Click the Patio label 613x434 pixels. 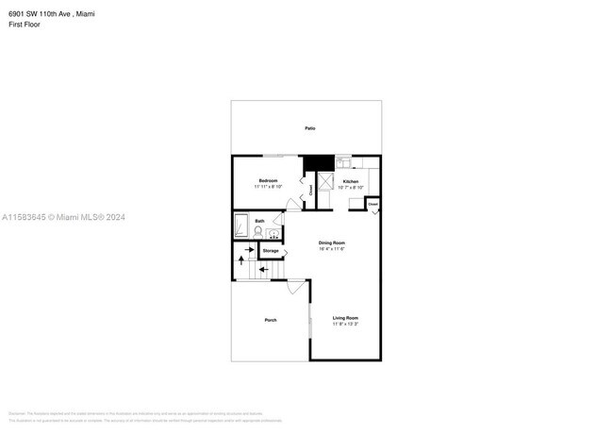[309, 127]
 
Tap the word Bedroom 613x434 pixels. [268, 179]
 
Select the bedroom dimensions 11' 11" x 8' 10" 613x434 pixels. [268, 187]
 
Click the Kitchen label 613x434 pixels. [350, 180]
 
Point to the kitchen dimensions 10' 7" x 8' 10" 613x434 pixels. [350, 187]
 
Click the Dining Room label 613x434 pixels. [331, 243]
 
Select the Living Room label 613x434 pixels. [345, 318]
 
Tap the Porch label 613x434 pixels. [270, 321]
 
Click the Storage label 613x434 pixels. [271, 251]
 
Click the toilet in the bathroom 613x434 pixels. [257, 231]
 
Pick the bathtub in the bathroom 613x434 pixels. [240, 227]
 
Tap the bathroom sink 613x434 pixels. [273, 232]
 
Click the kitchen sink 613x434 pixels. [342, 160]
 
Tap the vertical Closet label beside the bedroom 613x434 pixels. [310, 190]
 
